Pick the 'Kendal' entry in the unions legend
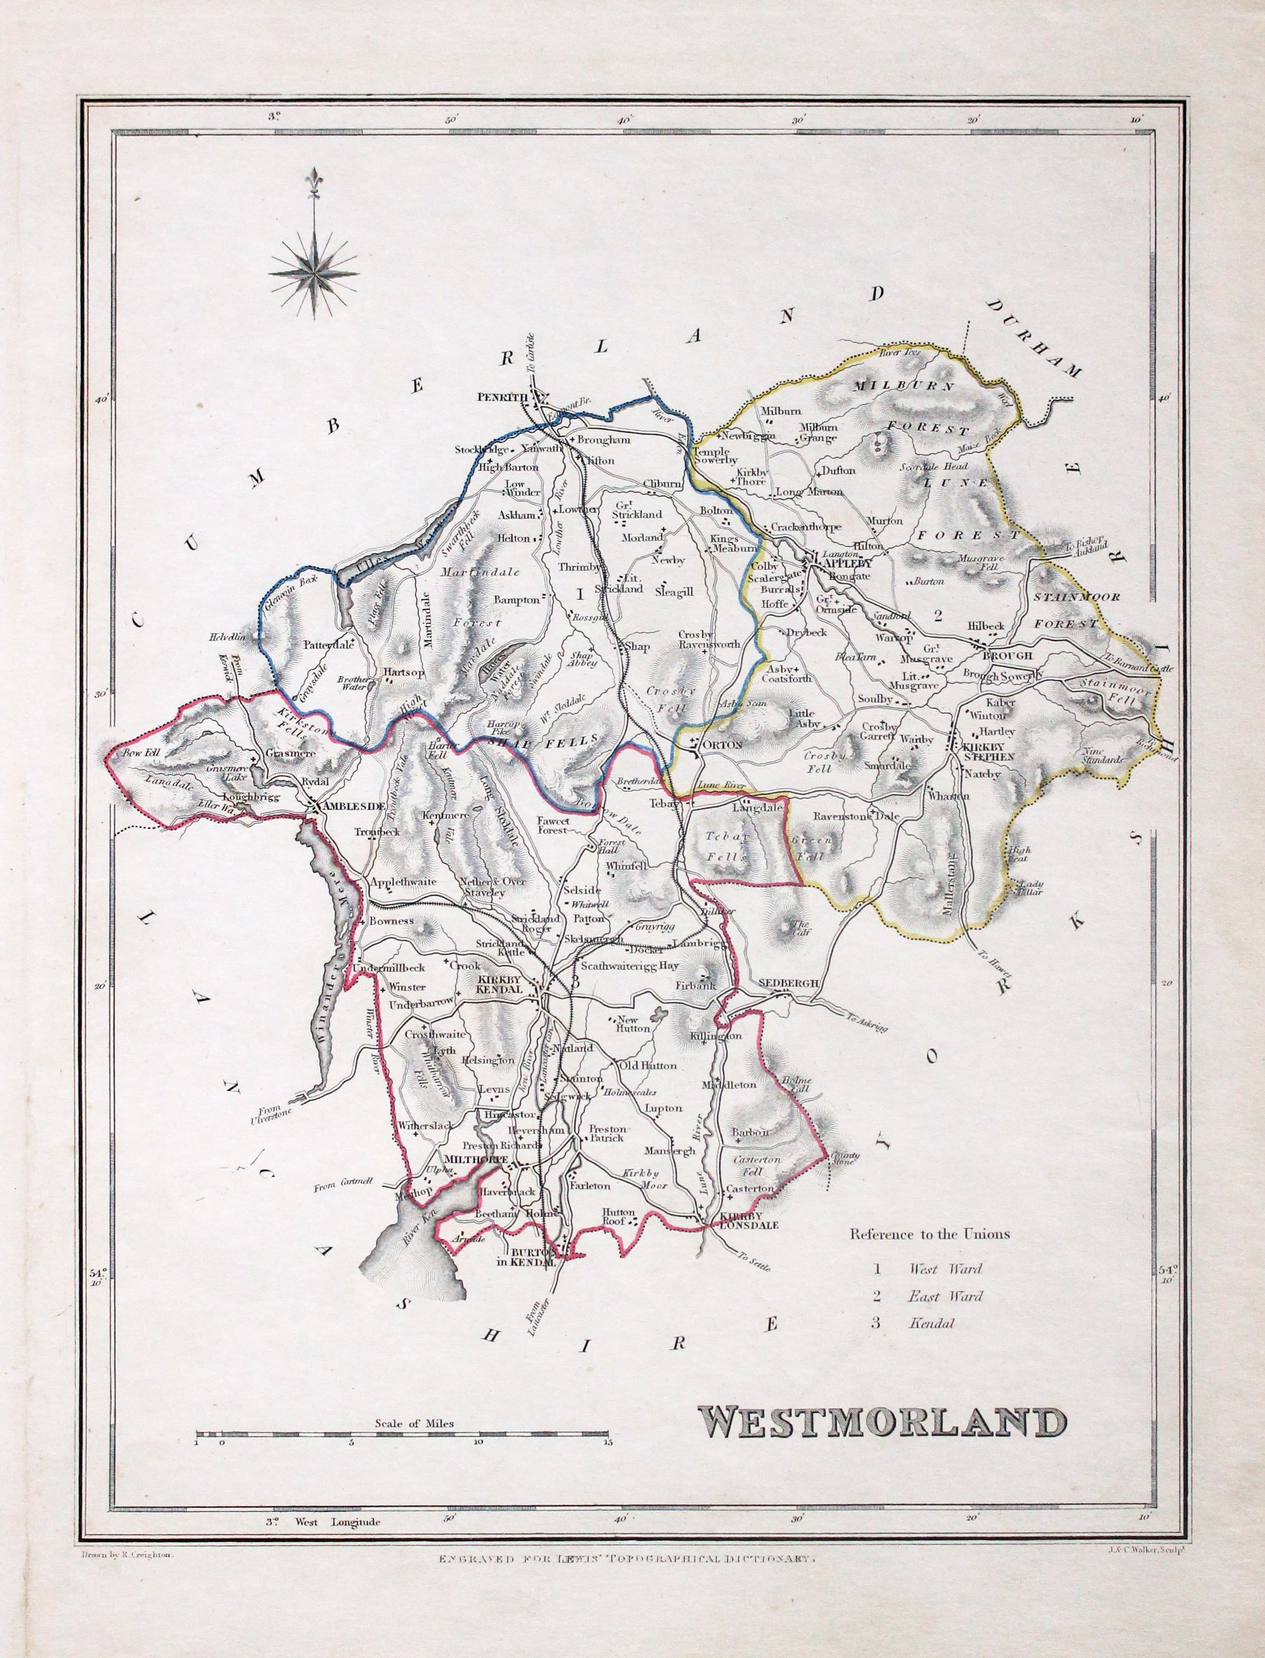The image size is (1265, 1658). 932,1323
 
